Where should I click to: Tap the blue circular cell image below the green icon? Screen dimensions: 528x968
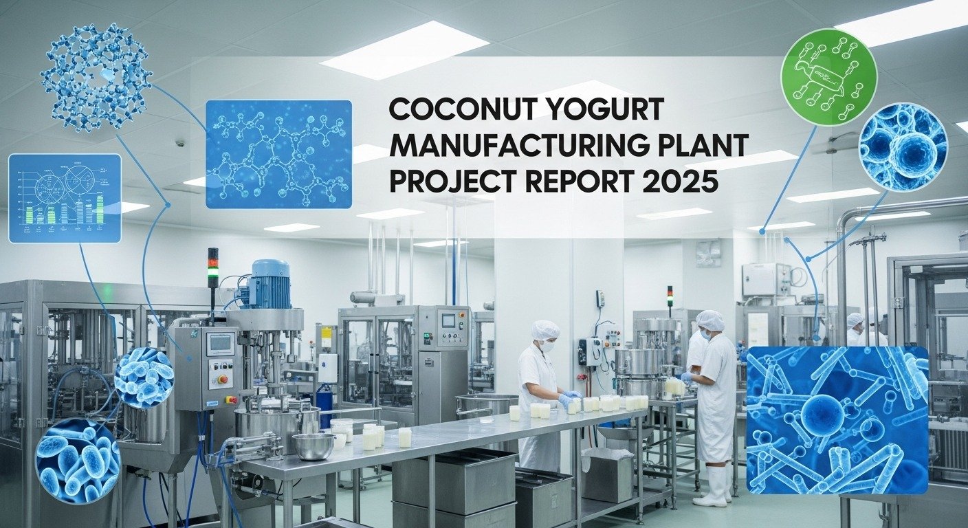(x=903, y=147)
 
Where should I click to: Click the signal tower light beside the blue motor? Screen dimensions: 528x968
(x=213, y=268)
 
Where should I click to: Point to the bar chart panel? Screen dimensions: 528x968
(x=65, y=198)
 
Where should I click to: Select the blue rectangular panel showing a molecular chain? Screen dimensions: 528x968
(x=278, y=153)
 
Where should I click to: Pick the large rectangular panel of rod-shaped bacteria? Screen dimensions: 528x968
(x=837, y=419)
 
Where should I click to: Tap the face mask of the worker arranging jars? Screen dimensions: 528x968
(x=548, y=346)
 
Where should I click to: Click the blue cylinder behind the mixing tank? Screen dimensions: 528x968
(x=323, y=406)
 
